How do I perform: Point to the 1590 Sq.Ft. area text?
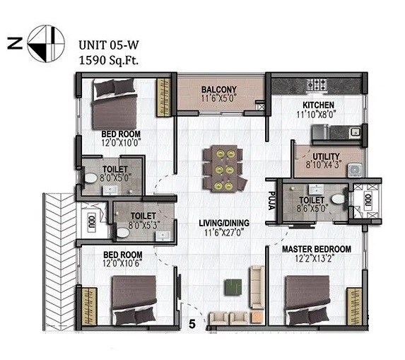pos(107,59)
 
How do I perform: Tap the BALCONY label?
pos(218,89)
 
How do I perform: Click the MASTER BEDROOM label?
pos(316,249)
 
